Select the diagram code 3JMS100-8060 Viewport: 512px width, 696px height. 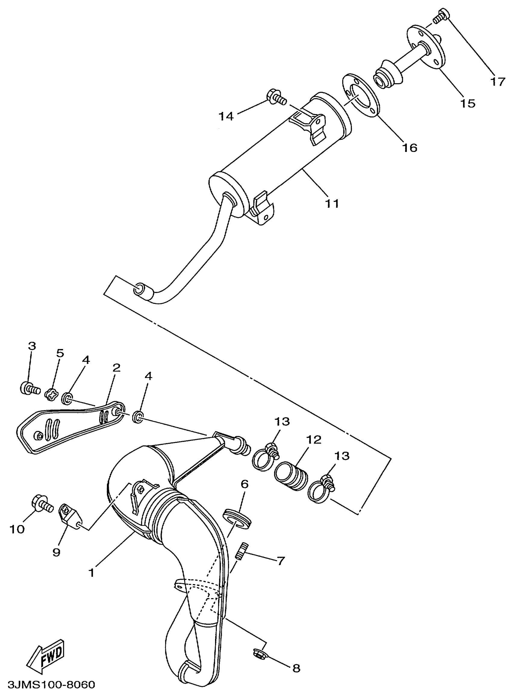click(52, 685)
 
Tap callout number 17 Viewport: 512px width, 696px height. click(498, 82)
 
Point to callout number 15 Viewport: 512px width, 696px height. click(467, 103)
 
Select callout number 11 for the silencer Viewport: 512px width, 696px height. click(332, 203)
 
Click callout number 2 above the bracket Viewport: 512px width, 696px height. click(116, 368)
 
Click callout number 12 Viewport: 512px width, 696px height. click(314, 439)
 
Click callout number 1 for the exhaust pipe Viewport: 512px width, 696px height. click(92, 572)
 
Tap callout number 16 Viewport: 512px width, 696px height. click(410, 148)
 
